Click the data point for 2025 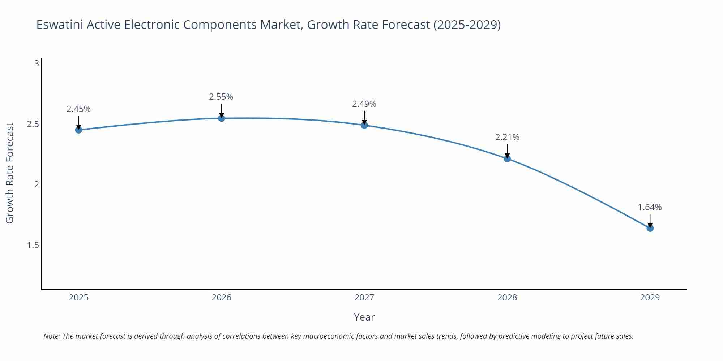79,130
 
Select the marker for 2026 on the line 222,118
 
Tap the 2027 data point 364,125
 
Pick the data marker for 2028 507,158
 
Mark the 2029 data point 650,228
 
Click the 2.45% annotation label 78,109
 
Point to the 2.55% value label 221,97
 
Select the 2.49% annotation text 364,104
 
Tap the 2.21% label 507,137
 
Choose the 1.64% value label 650,207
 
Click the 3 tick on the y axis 37,64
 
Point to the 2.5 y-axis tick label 33,124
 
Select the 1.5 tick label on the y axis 33,245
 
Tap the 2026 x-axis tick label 222,297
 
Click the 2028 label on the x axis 507,297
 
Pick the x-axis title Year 364,317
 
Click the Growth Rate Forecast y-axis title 10,173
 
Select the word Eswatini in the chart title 60,25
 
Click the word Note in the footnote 51,336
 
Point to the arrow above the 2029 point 650,220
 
